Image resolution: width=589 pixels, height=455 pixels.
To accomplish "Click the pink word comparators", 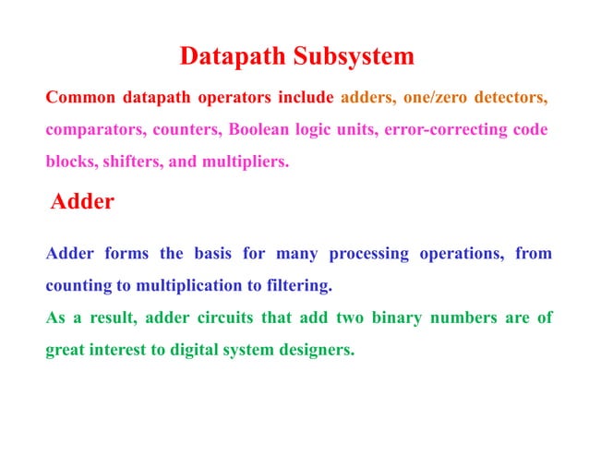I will click(x=89, y=129).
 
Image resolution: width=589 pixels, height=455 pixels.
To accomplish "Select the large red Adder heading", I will click(x=82, y=201).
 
